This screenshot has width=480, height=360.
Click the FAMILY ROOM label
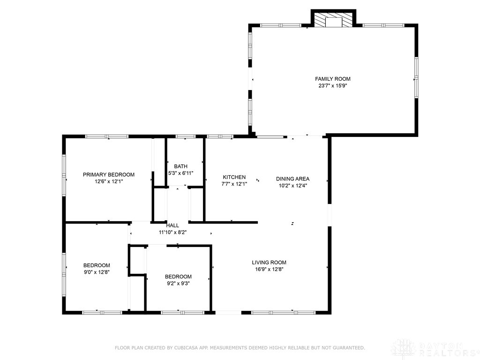click(x=332, y=79)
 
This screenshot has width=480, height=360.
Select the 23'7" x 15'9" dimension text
click(x=332, y=86)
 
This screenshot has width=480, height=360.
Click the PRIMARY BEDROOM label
click(x=109, y=174)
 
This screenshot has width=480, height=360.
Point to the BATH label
click(x=180, y=166)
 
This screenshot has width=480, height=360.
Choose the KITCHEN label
click(x=234, y=177)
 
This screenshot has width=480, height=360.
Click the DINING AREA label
click(x=292, y=179)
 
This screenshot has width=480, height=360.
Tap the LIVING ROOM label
click(x=269, y=262)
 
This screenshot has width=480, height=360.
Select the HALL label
click(x=172, y=225)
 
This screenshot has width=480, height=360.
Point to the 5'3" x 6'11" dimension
click(x=180, y=173)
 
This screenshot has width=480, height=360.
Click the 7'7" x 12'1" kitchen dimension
click(x=234, y=184)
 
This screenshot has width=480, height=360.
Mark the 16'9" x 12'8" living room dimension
click(x=269, y=269)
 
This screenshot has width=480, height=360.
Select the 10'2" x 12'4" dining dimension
click(x=292, y=185)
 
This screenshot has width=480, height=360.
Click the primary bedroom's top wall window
click(x=106, y=136)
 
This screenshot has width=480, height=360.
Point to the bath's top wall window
click(x=185, y=136)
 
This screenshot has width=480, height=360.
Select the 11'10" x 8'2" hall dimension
click(x=172, y=232)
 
